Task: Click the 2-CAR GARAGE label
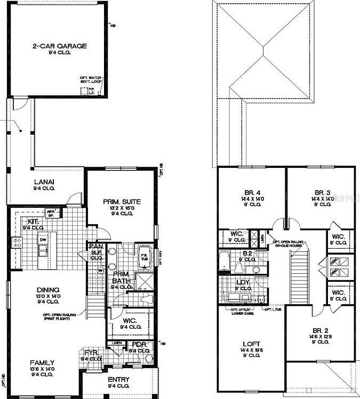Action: [59, 46]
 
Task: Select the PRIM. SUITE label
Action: [122, 201]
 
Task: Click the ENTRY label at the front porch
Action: [119, 379]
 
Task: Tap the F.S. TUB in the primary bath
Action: [144, 257]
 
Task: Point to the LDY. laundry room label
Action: [243, 282]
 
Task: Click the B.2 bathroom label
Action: [247, 254]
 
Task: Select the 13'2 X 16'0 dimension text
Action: [122, 208]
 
